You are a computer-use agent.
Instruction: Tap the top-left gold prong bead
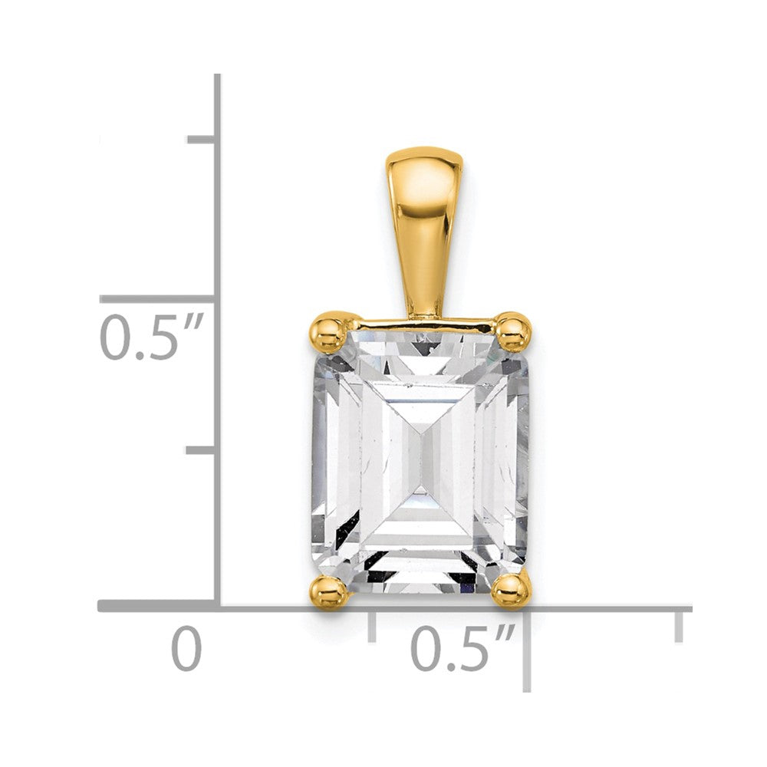[x=329, y=332]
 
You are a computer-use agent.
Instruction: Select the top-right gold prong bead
[x=513, y=332]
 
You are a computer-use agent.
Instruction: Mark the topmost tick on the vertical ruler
[x=201, y=139]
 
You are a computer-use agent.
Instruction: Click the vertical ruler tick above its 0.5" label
[x=157, y=299]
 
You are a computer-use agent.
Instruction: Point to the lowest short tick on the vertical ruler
[x=201, y=449]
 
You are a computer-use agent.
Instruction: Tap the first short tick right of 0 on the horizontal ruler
[x=372, y=625]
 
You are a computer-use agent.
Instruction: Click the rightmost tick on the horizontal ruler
[x=679, y=625]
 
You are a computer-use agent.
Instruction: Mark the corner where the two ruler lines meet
[x=218, y=606]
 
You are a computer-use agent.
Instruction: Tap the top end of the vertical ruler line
[x=218, y=77]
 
